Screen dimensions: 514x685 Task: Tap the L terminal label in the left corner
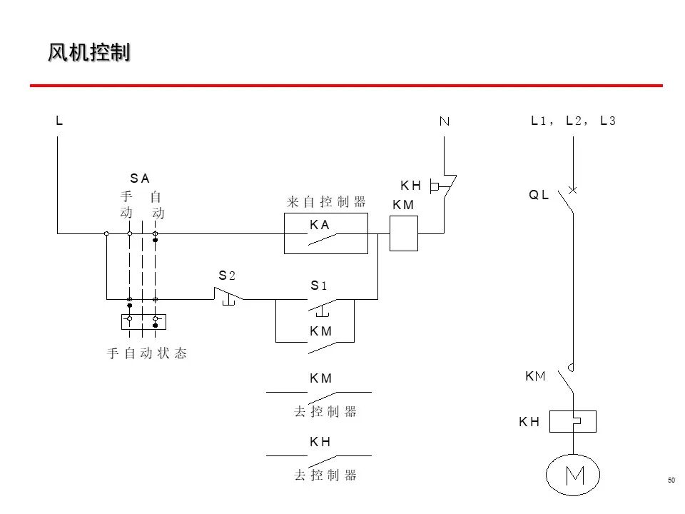point(59,121)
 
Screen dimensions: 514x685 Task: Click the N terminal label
point(444,121)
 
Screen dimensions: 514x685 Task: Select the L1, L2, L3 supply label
point(573,121)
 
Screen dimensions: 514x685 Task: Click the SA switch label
point(140,178)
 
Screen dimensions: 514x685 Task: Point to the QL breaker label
point(539,195)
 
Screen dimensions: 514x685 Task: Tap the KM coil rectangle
point(403,233)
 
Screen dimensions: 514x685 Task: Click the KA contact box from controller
point(325,233)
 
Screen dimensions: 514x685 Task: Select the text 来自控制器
point(326,202)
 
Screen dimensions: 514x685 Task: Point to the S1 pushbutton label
point(318,286)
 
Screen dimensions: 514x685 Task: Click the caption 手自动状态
point(147,353)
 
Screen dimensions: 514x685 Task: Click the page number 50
point(671,480)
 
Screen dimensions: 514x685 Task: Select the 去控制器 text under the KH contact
point(325,475)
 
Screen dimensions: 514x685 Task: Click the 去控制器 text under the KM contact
point(325,412)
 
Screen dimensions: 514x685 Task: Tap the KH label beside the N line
point(410,186)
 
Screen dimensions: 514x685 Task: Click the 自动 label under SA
point(157,204)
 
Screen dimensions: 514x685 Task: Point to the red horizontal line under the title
point(346,86)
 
